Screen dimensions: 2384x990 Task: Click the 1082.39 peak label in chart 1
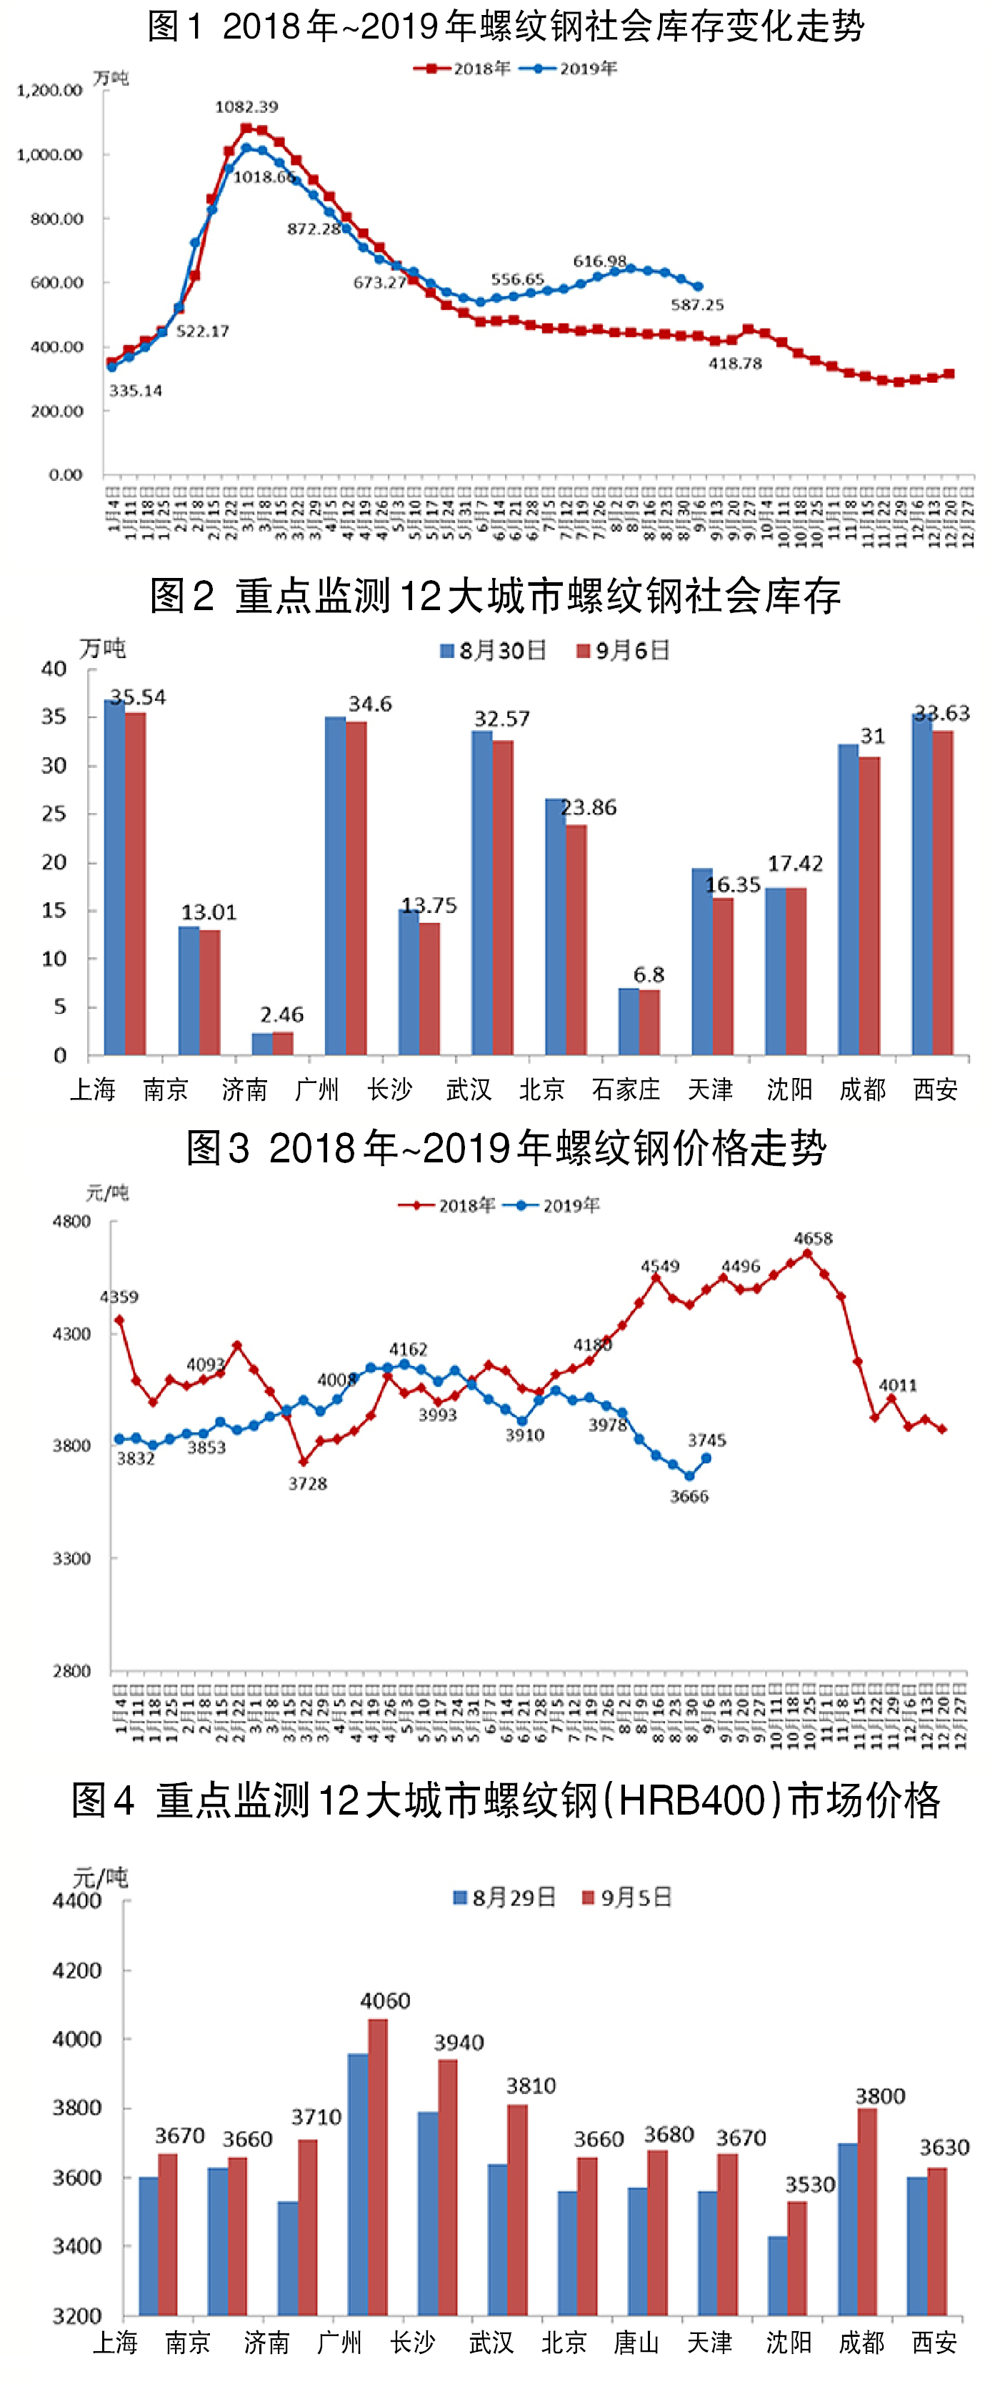246,106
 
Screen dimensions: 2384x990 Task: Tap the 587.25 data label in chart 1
696,304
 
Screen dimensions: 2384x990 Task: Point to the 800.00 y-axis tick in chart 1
56,219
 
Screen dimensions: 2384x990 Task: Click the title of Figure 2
495,595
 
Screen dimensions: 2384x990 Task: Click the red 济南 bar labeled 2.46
283,1043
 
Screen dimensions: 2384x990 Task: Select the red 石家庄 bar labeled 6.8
649,1022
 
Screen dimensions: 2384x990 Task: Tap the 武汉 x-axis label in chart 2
468,1089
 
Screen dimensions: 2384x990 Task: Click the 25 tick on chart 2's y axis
54,814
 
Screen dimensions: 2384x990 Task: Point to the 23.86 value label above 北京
589,808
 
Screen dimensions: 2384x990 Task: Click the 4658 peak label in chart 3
812,1238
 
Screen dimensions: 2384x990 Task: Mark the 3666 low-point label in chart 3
689,1497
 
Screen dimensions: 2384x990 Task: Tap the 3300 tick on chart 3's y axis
71,1558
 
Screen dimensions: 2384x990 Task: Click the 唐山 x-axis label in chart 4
636,2343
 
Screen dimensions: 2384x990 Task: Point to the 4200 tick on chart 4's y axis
77,1970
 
